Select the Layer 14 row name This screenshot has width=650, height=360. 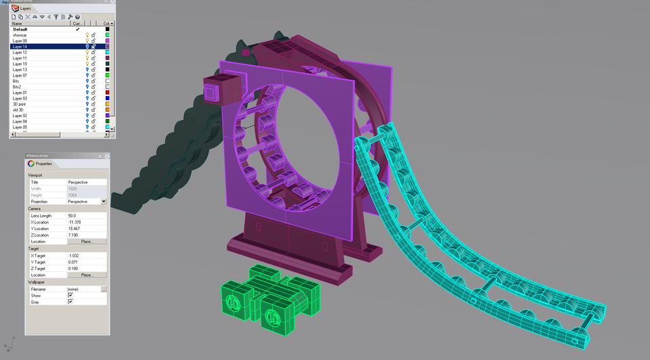[20, 47]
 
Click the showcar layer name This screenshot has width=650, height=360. [20, 35]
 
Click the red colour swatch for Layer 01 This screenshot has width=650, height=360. [107, 93]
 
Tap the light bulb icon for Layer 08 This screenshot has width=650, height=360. [87, 41]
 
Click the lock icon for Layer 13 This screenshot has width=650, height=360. [93, 70]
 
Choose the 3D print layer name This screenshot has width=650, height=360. [20, 104]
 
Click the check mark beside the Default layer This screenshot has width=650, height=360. [78, 29]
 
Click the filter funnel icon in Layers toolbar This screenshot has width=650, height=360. [56, 17]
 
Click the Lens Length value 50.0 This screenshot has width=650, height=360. [72, 216]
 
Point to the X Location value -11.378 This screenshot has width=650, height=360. [74, 222]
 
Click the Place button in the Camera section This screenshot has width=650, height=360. [87, 242]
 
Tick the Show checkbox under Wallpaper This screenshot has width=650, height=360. [70, 296]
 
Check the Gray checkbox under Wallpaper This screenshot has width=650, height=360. [70, 302]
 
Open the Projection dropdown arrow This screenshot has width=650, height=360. [104, 202]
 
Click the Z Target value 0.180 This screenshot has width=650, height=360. [73, 269]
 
